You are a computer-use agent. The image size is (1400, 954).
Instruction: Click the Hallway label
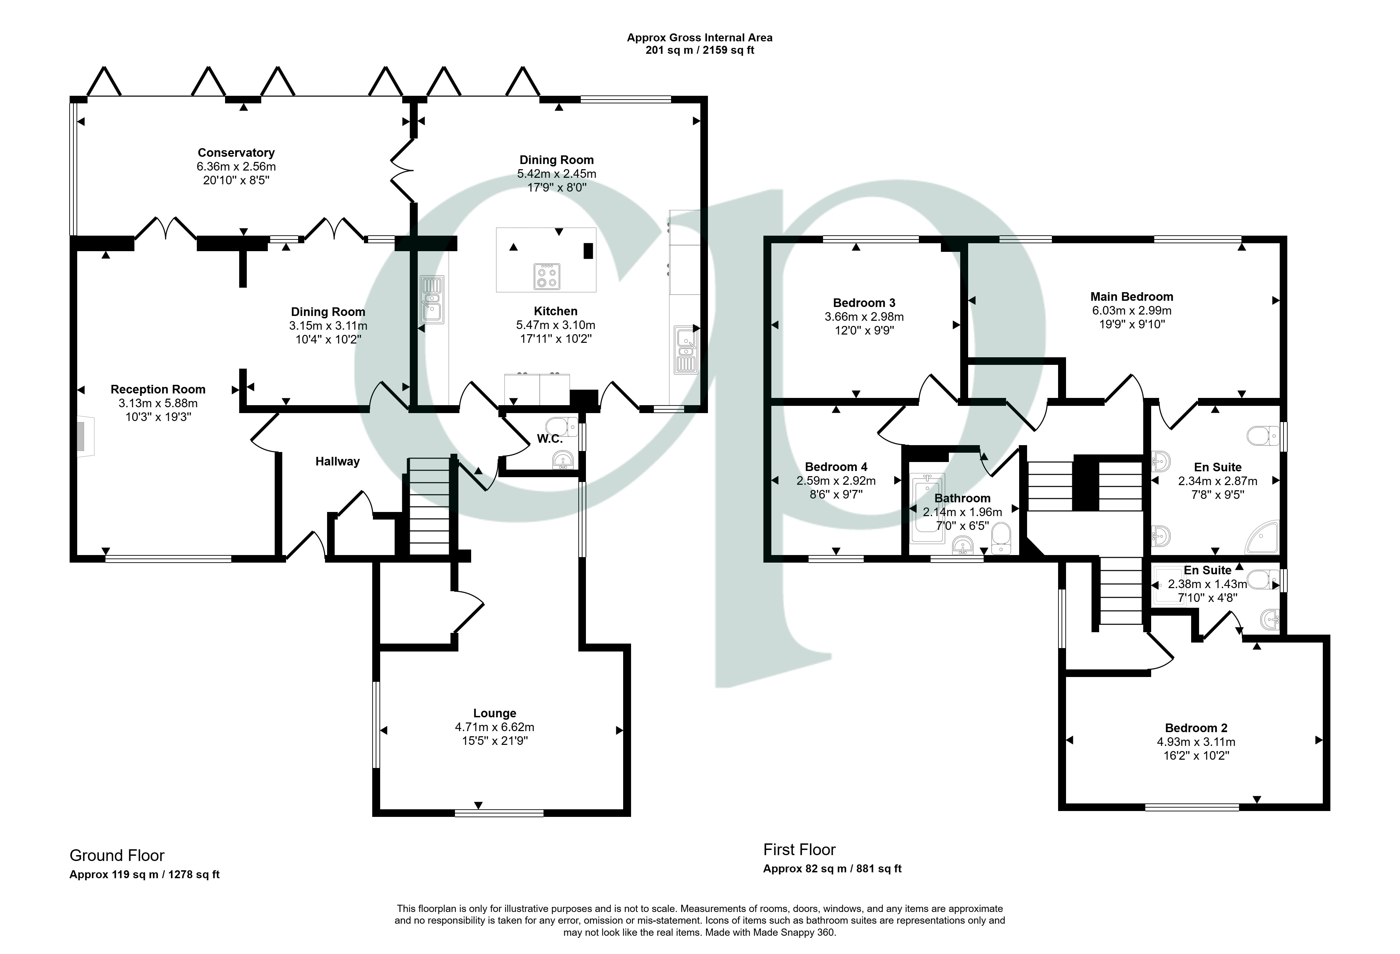coord(337,461)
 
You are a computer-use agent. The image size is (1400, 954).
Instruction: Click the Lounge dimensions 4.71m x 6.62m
coord(495,727)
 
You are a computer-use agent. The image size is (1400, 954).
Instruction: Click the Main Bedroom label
coord(1131,296)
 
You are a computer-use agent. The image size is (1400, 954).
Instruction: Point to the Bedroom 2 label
coord(1196,728)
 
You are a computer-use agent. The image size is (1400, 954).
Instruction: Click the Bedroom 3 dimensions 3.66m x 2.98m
coord(864,317)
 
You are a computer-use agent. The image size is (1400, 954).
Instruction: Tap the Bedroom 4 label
coord(836,467)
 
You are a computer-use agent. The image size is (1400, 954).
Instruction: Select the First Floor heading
coord(799,850)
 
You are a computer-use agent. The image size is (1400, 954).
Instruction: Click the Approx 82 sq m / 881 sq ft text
coord(832,869)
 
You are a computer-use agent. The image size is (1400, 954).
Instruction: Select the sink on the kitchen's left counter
coord(433,300)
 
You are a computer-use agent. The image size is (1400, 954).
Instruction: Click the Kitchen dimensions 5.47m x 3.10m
coord(556,325)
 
